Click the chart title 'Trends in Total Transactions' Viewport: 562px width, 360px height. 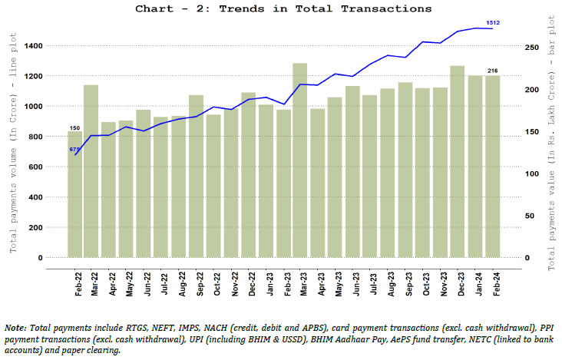[x=283, y=9]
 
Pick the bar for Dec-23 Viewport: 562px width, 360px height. [x=457, y=161]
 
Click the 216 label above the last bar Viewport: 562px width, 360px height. [x=492, y=71]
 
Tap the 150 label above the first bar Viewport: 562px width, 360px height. [x=74, y=127]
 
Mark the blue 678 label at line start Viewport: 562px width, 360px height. [x=75, y=149]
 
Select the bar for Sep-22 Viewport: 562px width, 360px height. [x=196, y=176]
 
